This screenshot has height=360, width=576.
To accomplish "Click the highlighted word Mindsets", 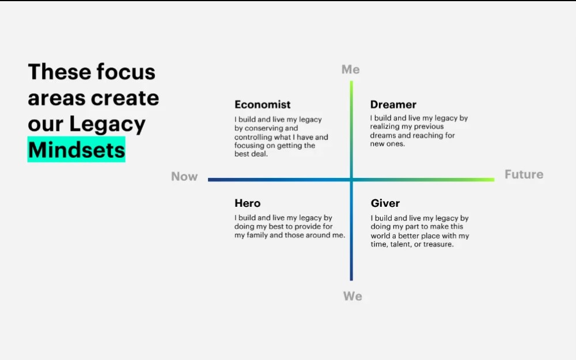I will coord(76,150).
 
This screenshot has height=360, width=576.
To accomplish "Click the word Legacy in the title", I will coord(108,124).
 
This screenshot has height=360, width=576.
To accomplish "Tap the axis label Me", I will coord(350,70).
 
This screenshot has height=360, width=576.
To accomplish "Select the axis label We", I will coord(353,296).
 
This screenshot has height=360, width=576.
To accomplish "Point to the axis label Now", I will coord(184,177).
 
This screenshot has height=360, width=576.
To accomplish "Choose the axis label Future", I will coord(524,175).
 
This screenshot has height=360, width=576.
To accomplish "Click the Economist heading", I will coord(262,105).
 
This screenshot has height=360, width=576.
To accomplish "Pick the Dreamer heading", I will coord(393,105).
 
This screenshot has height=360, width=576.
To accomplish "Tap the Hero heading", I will coord(247,203).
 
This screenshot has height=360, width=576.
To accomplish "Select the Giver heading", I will coord(385,203).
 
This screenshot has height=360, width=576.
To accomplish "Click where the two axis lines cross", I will coord(351,180).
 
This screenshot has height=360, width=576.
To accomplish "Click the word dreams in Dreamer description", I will coord(383,135).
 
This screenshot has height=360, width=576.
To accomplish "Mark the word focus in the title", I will coord(126,72).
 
